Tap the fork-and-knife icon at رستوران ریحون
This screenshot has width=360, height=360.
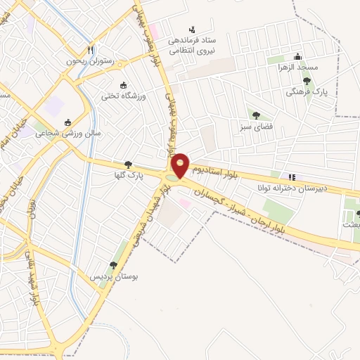[x=90, y=50]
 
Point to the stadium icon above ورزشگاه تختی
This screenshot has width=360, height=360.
[x=124, y=84]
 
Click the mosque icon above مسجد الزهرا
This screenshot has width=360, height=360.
[x=298, y=56]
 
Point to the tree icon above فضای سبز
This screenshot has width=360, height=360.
[x=255, y=116]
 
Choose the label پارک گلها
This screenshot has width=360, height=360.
[x=131, y=176]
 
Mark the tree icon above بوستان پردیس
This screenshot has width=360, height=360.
[x=112, y=265]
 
